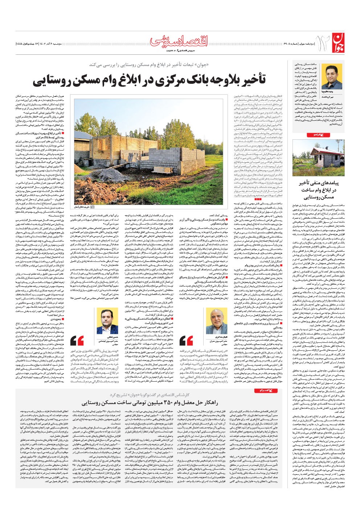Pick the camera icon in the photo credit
pos(92,207)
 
